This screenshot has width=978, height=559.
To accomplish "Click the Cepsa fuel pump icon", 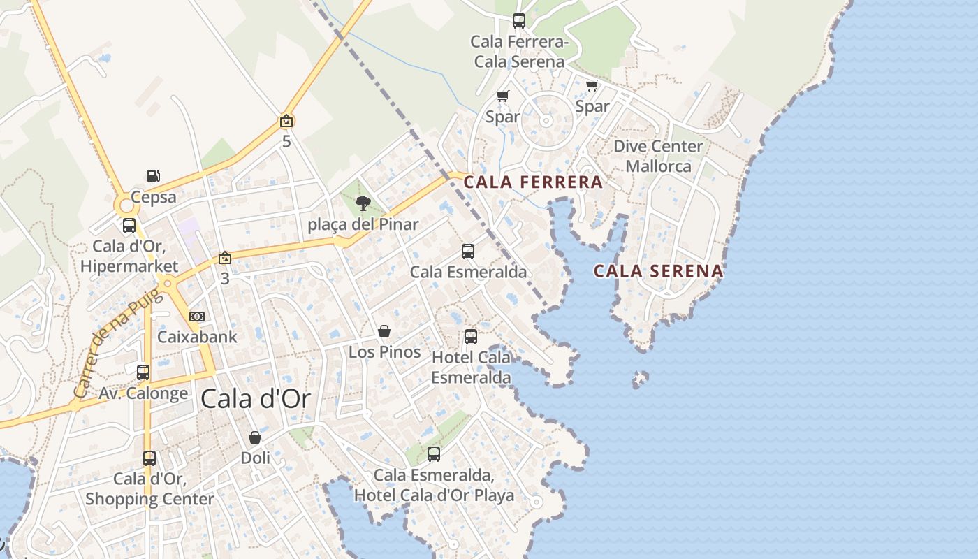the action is point(154,176).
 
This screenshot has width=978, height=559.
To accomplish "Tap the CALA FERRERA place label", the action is point(533,182).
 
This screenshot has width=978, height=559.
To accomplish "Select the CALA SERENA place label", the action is point(658,271).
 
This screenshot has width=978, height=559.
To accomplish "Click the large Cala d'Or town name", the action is point(255,398).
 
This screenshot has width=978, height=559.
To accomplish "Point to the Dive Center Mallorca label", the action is point(658,156).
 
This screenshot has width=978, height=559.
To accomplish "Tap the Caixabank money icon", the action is point(197,317).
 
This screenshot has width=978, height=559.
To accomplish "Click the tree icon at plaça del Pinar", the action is point(363,203).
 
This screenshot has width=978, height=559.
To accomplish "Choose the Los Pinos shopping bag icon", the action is point(384,331).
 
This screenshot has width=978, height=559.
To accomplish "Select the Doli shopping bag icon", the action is point(255,437).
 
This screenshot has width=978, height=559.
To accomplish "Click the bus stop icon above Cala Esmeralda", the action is point(468,252).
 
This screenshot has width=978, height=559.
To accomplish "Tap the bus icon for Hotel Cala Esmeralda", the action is point(471,337).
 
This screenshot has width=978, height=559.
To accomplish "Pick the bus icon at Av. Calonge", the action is point(143,372).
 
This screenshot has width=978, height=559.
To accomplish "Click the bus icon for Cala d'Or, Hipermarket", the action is point(129,226).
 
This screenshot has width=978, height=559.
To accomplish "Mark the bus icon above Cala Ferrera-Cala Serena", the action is point(518,21).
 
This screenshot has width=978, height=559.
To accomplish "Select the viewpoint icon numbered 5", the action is point(286,122).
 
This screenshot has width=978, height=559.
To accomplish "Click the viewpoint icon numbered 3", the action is point(224,258).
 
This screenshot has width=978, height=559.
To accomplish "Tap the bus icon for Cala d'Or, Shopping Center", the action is point(149,458).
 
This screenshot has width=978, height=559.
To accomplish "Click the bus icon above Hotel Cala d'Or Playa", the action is point(434,454).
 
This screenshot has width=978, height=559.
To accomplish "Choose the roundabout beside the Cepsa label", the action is point(126,205).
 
